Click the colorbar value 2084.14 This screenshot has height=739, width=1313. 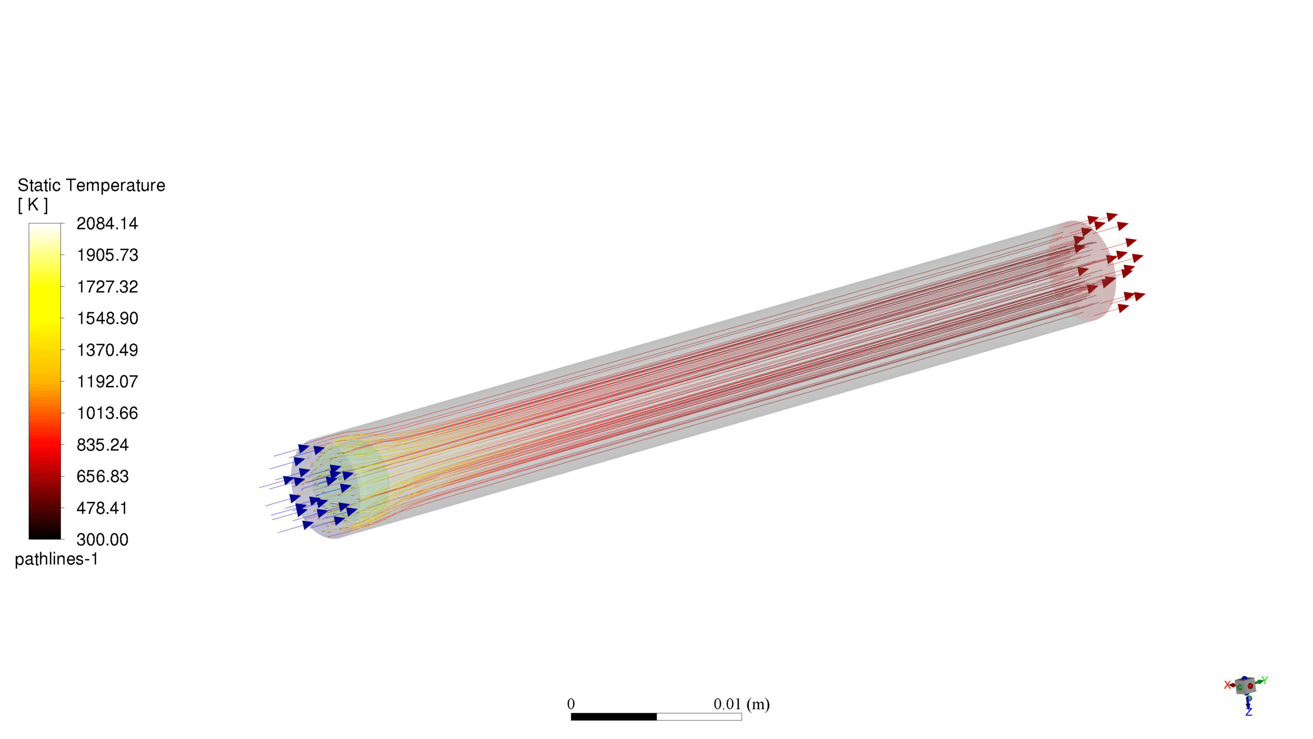107,224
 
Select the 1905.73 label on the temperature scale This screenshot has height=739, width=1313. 107,255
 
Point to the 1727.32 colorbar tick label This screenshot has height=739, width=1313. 107,287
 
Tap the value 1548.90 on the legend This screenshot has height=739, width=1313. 107,319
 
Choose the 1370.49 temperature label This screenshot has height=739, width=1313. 107,350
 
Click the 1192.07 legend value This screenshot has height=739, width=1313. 107,382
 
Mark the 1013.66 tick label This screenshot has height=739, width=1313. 107,413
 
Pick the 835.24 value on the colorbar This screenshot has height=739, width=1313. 103,445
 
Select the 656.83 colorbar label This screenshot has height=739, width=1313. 103,476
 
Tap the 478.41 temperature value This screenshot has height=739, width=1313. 102,508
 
